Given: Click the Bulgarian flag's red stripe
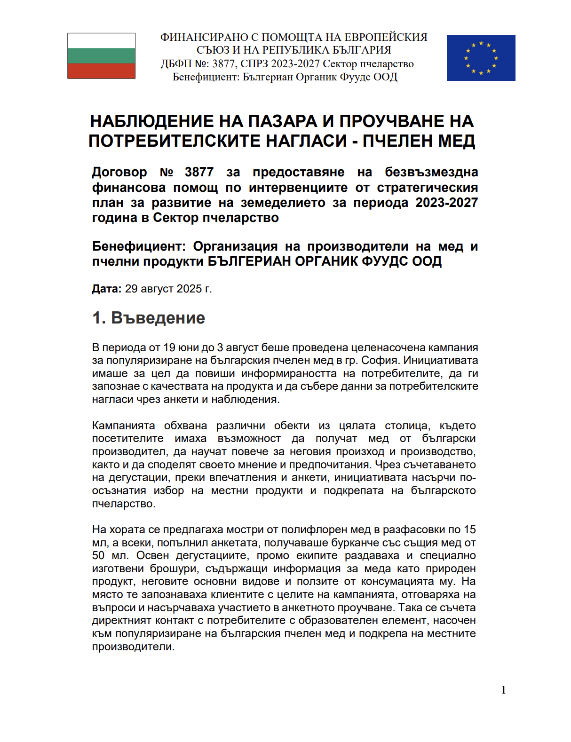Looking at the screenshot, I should [101, 71].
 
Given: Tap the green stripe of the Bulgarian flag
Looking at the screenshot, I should [101, 55].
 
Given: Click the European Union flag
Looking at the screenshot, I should [481, 58].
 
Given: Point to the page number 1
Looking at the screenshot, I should [504, 690].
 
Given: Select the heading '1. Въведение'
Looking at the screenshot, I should [149, 318].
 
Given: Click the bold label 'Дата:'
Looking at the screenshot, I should [107, 289].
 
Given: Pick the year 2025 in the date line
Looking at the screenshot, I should [189, 289].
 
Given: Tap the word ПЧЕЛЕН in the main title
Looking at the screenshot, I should [397, 141].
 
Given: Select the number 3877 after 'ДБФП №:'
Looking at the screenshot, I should [224, 64].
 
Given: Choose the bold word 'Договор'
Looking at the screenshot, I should [119, 172].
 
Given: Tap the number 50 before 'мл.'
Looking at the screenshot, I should [98, 555].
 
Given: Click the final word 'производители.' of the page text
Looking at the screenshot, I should [133, 647].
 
